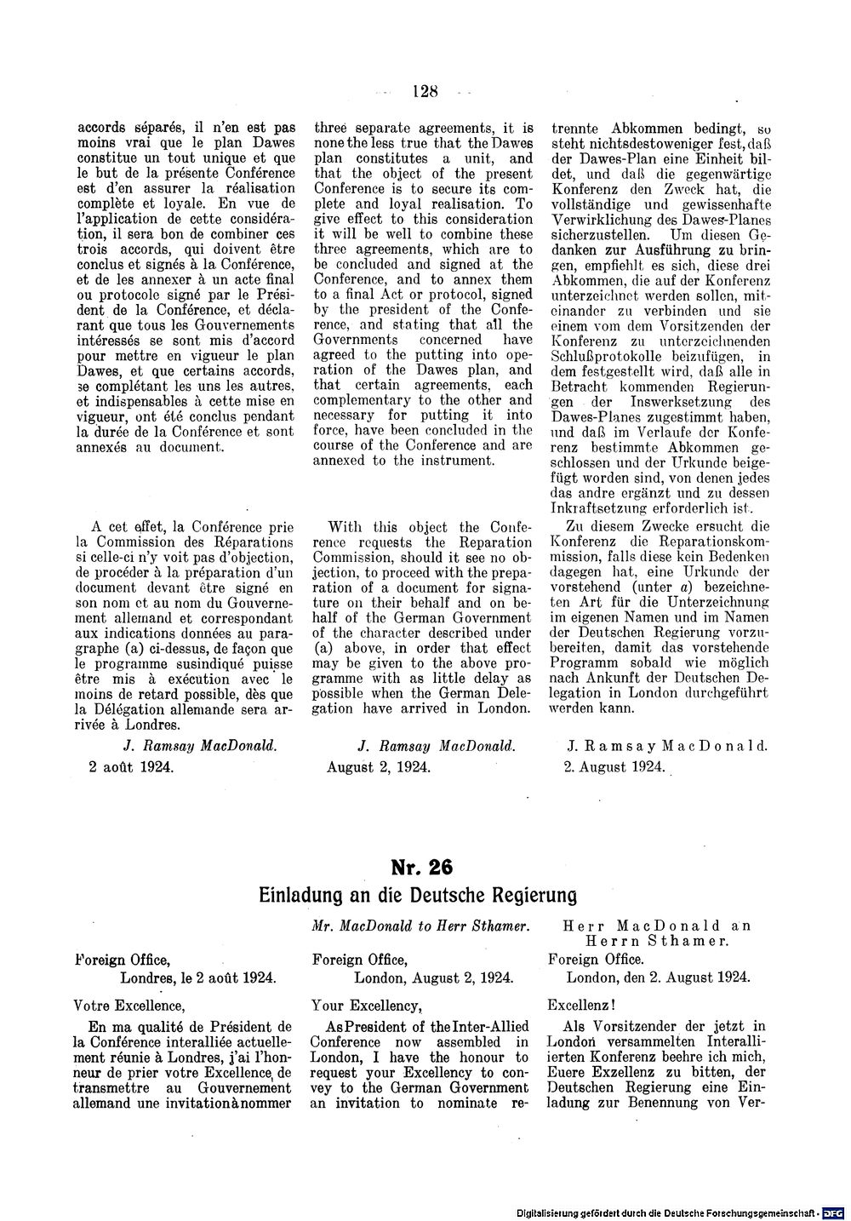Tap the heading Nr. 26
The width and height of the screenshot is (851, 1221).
click(422, 867)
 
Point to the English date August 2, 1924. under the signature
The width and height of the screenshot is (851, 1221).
click(379, 766)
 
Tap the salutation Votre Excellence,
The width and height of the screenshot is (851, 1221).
click(129, 1004)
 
